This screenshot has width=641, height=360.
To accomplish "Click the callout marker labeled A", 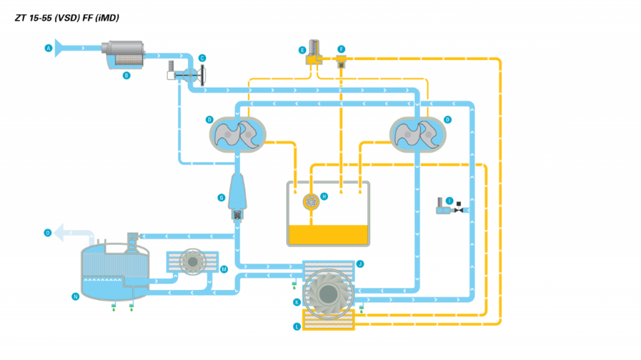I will pyautogui.click(x=48, y=48).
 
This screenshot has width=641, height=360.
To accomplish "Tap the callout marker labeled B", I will pyautogui.click(x=126, y=75).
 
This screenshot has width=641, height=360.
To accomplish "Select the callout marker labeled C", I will pyautogui.click(x=202, y=58).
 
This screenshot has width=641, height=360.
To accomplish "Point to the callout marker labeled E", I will pyautogui.click(x=302, y=49).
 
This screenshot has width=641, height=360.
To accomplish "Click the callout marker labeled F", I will pyautogui.click(x=341, y=49).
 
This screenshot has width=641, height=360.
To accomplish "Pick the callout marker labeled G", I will pyautogui.click(x=221, y=197).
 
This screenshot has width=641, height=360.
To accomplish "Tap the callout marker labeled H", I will pyautogui.click(x=324, y=196).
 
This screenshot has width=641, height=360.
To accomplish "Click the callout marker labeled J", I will pyautogui.click(x=360, y=264).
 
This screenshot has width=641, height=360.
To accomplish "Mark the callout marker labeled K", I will pyautogui.click(x=297, y=302).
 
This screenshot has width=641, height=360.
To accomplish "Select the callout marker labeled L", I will pyautogui.click(x=297, y=326).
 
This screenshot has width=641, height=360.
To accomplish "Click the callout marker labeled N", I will pyautogui.click(x=75, y=297).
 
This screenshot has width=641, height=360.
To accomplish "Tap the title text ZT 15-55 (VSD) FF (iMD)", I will pyautogui.click(x=67, y=18).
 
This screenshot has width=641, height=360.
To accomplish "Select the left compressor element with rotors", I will pyautogui.click(x=236, y=131).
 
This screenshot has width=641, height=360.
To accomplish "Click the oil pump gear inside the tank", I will pyautogui.click(x=311, y=201).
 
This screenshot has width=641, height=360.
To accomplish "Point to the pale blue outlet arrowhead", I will pyautogui.click(x=60, y=234).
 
